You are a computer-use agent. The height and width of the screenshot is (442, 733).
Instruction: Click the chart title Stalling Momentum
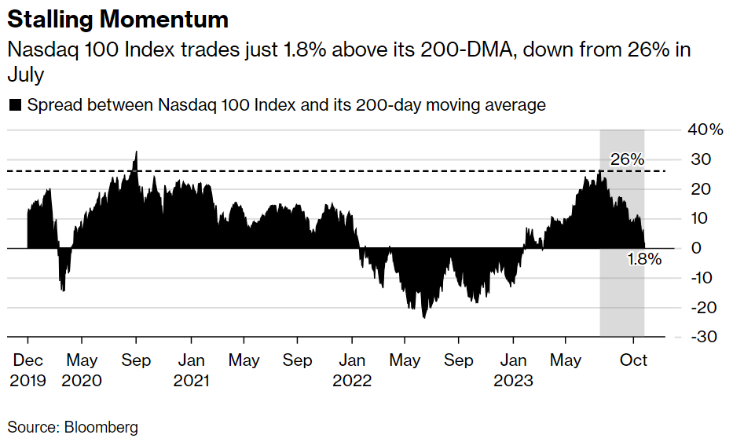pyautogui.click(x=119, y=19)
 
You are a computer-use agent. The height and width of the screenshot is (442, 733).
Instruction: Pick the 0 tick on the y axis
pyautogui.click(x=696, y=248)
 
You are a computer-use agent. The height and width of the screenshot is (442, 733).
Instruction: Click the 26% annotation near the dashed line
pyautogui.click(x=627, y=159)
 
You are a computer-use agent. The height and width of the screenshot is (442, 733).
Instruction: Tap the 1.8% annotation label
pyautogui.click(x=644, y=259)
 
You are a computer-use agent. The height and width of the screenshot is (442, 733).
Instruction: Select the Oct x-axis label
pyautogui.click(x=634, y=360)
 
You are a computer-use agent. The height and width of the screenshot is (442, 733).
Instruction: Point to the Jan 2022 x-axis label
pyautogui.click(x=353, y=370)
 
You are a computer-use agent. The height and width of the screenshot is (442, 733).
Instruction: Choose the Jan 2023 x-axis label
pyautogui.click(x=514, y=370)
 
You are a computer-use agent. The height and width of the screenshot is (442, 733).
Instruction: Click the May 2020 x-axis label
pyautogui.click(x=82, y=370)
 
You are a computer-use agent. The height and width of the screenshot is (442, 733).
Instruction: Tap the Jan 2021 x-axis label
pyautogui.click(x=191, y=370)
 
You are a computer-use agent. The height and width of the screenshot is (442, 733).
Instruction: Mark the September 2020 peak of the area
pyautogui.click(x=136, y=152)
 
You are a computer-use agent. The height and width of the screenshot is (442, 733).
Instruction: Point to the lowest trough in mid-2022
pyautogui.click(x=423, y=316)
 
